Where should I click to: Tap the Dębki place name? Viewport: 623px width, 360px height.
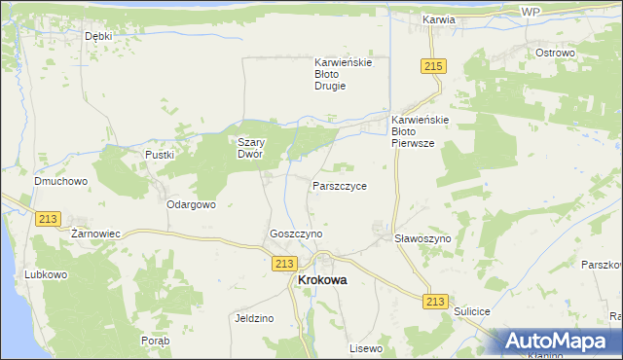click(98, 36)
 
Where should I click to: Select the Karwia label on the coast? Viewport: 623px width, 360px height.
click(439, 18)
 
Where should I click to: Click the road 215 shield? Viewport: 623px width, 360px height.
click(434, 65)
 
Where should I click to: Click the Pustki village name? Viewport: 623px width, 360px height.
click(159, 155)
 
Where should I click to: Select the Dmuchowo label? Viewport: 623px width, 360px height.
click(61, 181)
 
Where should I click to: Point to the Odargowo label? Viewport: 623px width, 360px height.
click(191, 205)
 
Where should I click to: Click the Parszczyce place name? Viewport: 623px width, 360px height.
click(340, 185)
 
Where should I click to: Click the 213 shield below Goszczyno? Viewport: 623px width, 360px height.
click(284, 264)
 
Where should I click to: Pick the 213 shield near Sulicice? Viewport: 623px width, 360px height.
click(435, 302)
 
